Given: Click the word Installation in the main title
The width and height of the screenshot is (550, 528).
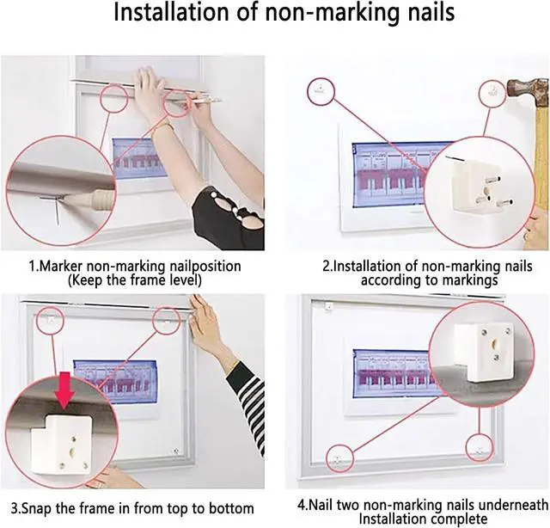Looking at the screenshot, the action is [x=172, y=13].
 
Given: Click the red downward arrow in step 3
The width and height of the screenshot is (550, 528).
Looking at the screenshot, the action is [x=64, y=394].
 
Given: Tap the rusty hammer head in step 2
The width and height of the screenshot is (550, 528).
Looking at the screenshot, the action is [x=527, y=90].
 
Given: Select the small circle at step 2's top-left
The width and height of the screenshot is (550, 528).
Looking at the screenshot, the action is [x=321, y=91].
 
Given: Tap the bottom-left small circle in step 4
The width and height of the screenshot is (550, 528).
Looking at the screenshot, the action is [x=339, y=458].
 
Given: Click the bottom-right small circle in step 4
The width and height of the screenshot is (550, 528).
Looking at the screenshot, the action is [x=480, y=448].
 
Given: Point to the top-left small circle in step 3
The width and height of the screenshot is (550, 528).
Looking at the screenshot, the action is [x=51, y=320].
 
